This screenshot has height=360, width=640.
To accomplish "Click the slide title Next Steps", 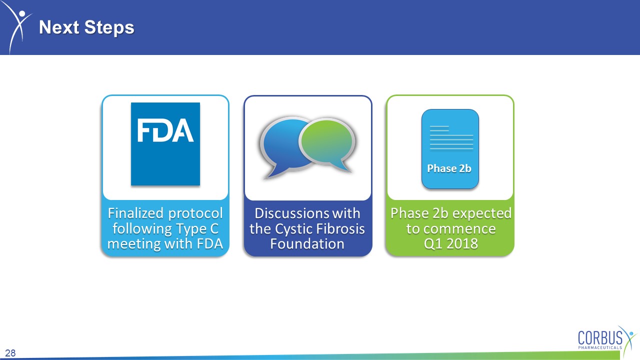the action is (x=86, y=27).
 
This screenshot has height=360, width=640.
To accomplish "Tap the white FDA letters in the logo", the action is (x=165, y=130).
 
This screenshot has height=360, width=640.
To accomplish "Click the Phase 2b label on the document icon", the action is (x=449, y=168).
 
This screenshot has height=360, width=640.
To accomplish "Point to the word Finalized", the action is (x=135, y=213).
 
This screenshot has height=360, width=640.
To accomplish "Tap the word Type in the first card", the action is (x=191, y=229).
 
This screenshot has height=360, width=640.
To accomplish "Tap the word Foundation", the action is (x=307, y=243).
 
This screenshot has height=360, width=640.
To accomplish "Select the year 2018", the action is (x=462, y=243).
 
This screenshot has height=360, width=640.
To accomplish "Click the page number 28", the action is (x=10, y=353).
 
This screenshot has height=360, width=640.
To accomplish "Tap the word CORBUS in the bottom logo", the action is (x=600, y=338).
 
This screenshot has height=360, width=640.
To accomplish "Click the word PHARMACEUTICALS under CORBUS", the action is (x=600, y=347).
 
